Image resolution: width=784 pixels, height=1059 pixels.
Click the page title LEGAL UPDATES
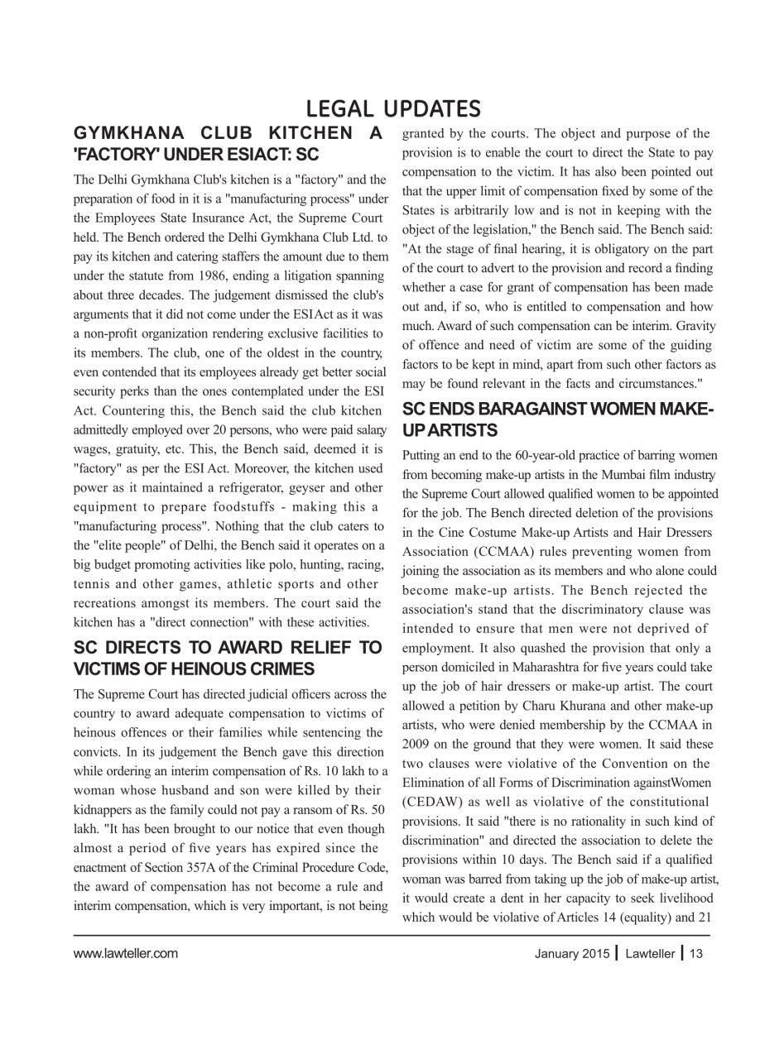coord(392,109)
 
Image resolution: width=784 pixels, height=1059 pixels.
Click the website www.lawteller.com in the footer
coord(125,953)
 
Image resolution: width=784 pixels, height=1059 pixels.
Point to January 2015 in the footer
coord(571,953)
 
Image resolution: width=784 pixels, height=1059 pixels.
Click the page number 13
coord(696,953)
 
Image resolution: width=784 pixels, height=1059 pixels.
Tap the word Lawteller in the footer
coord(650,953)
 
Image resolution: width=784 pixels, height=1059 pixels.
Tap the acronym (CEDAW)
coord(435,802)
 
